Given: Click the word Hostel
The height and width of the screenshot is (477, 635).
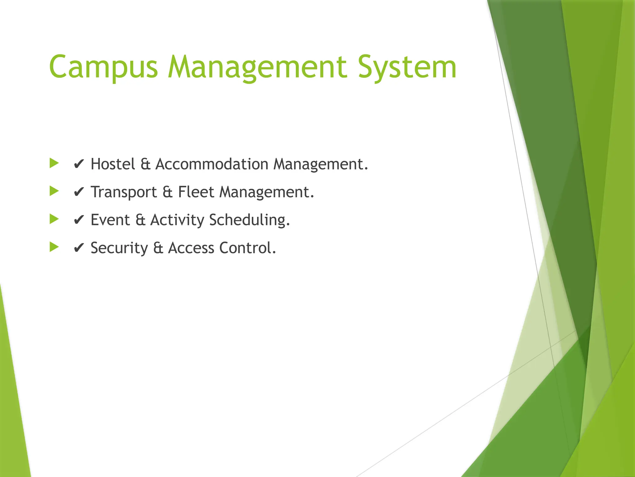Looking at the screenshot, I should [x=113, y=164].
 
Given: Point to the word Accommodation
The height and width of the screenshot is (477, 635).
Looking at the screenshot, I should [x=212, y=164].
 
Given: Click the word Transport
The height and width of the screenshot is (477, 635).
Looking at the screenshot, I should [x=124, y=192].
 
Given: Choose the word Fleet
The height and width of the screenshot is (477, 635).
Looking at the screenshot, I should [x=196, y=192].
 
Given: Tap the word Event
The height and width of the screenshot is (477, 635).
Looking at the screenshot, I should [x=110, y=220].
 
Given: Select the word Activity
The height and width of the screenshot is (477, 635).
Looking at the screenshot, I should [x=177, y=220].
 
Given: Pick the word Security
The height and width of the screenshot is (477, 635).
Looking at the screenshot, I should [x=119, y=248].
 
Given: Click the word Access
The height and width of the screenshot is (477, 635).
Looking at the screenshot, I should [x=191, y=248].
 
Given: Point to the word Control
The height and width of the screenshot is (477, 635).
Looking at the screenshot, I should [x=247, y=248].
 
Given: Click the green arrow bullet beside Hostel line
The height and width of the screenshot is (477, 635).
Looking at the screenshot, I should [x=54, y=163].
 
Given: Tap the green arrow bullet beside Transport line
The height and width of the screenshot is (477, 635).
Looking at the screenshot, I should [x=54, y=191].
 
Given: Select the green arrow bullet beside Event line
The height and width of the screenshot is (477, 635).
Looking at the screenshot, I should [x=54, y=219].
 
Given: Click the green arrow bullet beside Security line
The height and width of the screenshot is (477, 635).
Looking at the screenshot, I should [x=54, y=247].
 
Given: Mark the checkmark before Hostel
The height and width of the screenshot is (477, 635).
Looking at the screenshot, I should [x=79, y=164].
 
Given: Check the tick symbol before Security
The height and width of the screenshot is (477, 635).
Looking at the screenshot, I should [x=79, y=248].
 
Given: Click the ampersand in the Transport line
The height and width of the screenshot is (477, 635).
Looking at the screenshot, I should [x=167, y=192].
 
